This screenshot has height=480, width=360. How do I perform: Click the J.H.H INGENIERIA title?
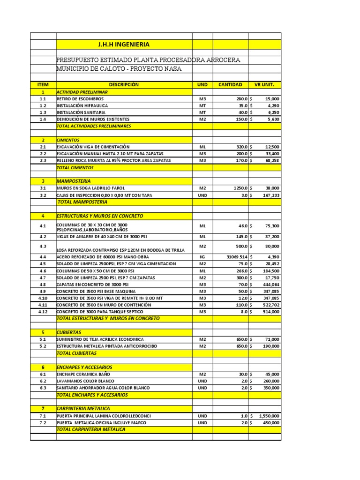click(x=124, y=45)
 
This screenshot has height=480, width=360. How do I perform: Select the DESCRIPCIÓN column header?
click(x=124, y=85)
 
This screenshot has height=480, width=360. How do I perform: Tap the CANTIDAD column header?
click(x=230, y=85)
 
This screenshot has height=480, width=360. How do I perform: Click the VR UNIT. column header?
click(x=264, y=85)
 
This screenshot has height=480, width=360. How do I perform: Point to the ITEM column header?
click(x=43, y=85)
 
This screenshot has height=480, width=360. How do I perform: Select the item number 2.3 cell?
click(x=43, y=160)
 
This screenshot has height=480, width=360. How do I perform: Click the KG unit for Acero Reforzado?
click(x=202, y=257)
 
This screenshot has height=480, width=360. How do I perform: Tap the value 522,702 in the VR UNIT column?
click(x=270, y=305)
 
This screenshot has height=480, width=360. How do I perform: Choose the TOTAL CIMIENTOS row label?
click(x=75, y=167)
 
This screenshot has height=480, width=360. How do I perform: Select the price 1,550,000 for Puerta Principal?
click(x=269, y=416)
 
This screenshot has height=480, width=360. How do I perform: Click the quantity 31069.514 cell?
click(x=236, y=257)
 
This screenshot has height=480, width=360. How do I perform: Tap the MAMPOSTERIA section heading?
click(x=74, y=181)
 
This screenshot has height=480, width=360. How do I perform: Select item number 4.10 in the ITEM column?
click(x=43, y=298)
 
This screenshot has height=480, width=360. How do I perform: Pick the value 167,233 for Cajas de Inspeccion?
click(x=270, y=195)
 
